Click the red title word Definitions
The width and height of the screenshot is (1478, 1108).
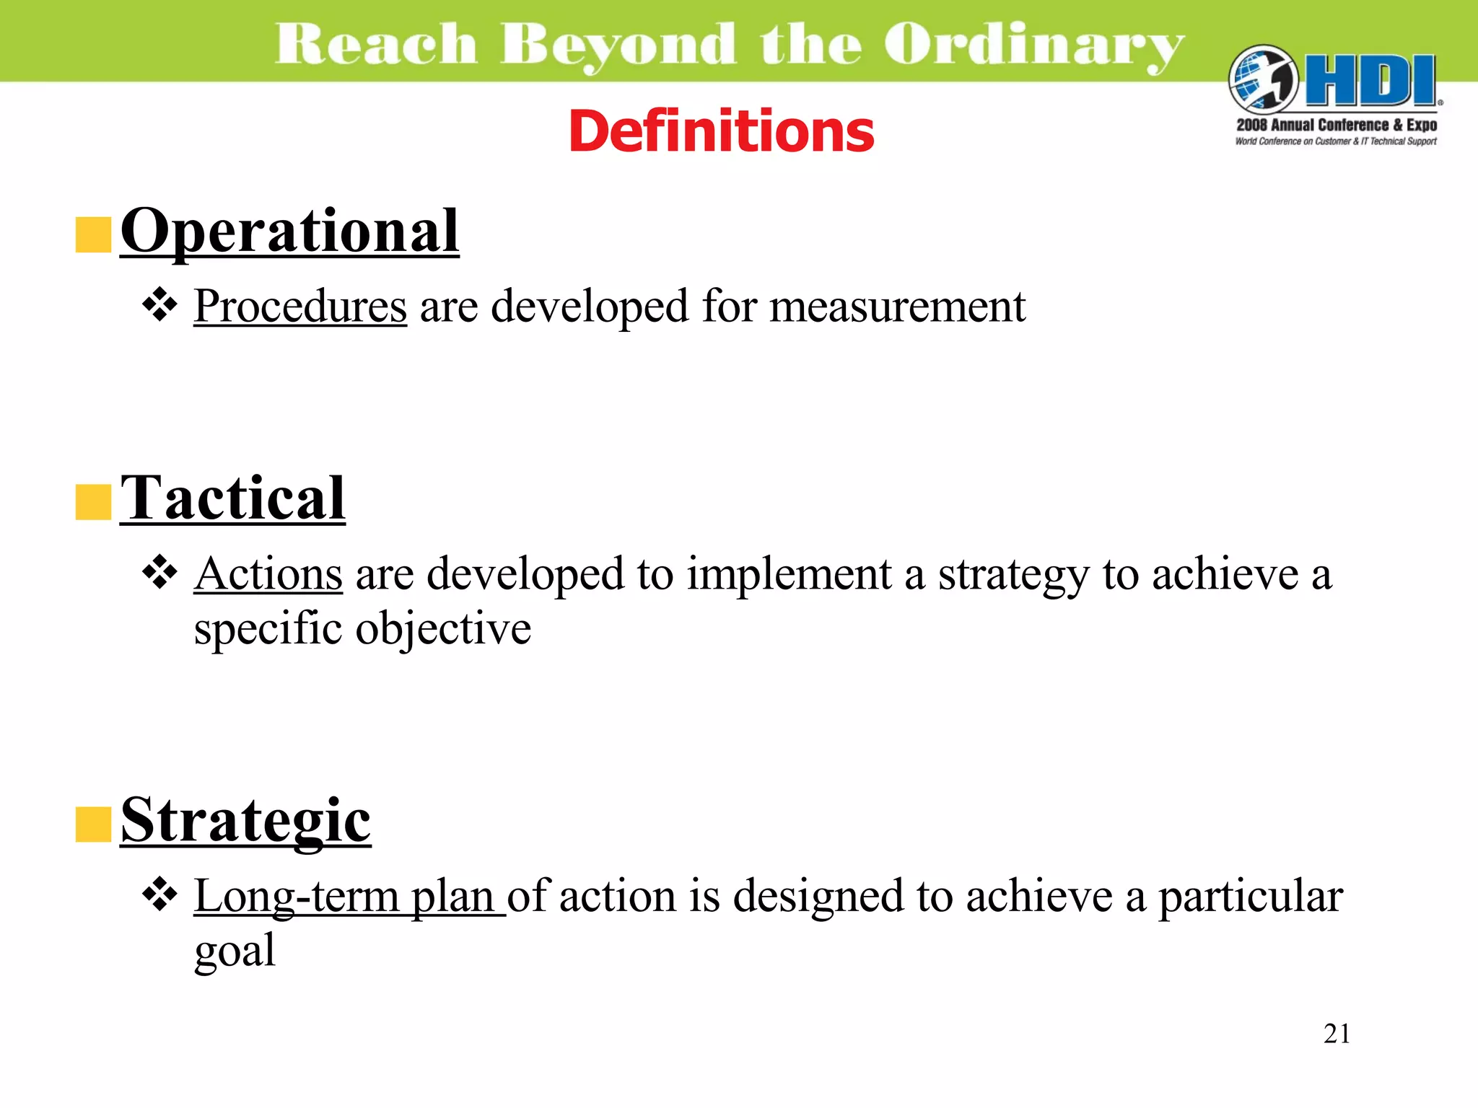pos(721,131)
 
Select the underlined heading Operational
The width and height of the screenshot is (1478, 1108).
pos(289,231)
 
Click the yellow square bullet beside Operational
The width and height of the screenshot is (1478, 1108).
pos(93,235)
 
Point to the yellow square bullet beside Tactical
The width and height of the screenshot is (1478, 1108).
pos(93,502)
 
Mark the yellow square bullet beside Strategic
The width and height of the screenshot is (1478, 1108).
pos(93,825)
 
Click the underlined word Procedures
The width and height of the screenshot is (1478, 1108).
pos(300,307)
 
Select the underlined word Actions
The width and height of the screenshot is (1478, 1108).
pos(268,575)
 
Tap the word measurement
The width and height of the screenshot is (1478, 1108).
pos(898,307)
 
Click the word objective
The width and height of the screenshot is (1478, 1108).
pos(443,629)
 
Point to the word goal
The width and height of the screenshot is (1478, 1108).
pos(235,951)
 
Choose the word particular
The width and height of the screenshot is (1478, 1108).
pos(1251,897)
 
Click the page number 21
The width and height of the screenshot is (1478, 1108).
pos(1337,1034)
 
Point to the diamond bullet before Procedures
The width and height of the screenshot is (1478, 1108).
pos(159,305)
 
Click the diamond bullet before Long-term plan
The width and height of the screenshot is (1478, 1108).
pos(159,895)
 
